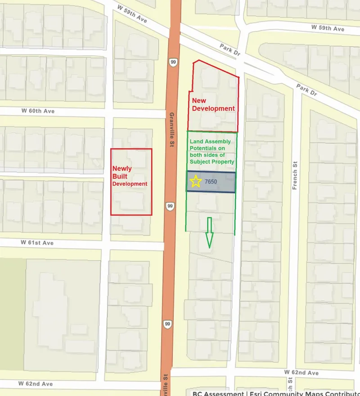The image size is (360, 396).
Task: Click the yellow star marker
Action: tap(196, 182)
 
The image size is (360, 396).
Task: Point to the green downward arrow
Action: tap(209, 232)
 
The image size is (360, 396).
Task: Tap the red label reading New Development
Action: tap(213, 105)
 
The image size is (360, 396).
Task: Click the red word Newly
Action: tap(122, 168)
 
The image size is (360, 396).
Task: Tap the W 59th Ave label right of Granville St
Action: tap(328, 28)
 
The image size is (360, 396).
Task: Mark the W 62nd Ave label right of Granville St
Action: tap(301, 373)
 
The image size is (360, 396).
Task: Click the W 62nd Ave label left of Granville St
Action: tap(36, 384)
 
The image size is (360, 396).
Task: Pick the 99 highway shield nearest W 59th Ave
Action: tap(173, 62)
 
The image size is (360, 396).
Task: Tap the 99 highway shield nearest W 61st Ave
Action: tap(170, 206)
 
